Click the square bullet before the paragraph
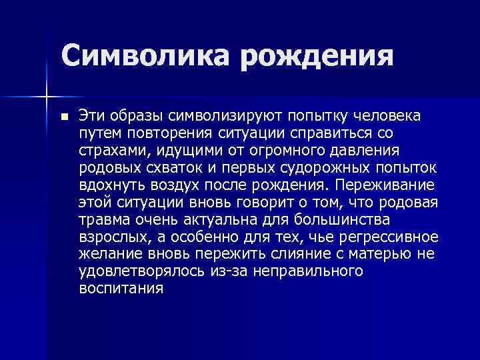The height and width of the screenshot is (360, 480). pos(63,117)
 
